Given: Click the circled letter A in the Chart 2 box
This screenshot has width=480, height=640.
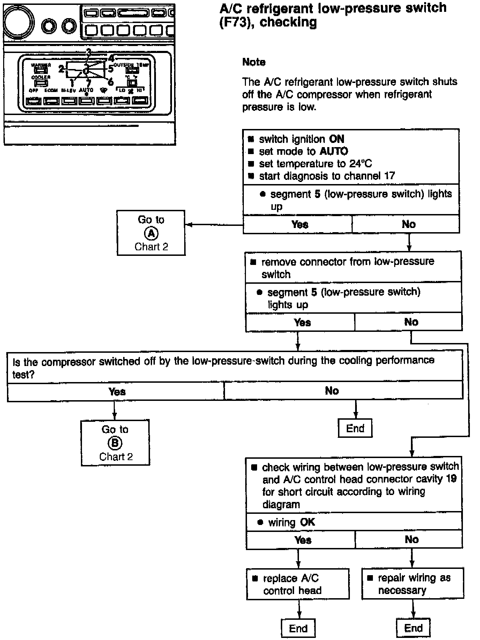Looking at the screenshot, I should pos(151,233).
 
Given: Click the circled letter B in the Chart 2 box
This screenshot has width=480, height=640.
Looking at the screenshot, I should pos(115,443).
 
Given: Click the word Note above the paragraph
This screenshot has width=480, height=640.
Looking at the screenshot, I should pos(254,62).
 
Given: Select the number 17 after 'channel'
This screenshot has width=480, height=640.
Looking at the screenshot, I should pos(389,176).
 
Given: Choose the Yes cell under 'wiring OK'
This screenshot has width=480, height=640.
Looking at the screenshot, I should pos(302,540).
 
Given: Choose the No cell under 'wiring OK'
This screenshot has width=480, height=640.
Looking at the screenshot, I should pos(412,540).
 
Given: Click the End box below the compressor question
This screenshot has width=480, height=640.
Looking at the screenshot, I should pos(355,428).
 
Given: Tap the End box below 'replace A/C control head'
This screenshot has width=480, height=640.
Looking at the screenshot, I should pos(298,628).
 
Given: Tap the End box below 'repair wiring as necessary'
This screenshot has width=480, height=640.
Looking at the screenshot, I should pos(413,628).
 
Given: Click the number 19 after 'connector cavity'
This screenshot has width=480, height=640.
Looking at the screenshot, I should pos(451,479).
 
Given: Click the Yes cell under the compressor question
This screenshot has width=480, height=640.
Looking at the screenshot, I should pos(117,391).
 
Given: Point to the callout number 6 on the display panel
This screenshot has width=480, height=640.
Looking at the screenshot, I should pos(111,82).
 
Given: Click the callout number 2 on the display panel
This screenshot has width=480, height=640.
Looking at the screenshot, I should pos(61,69).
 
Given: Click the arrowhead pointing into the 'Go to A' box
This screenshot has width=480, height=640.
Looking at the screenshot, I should pos(189,224).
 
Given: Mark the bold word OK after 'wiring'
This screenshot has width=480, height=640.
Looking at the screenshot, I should pos(307,522).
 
